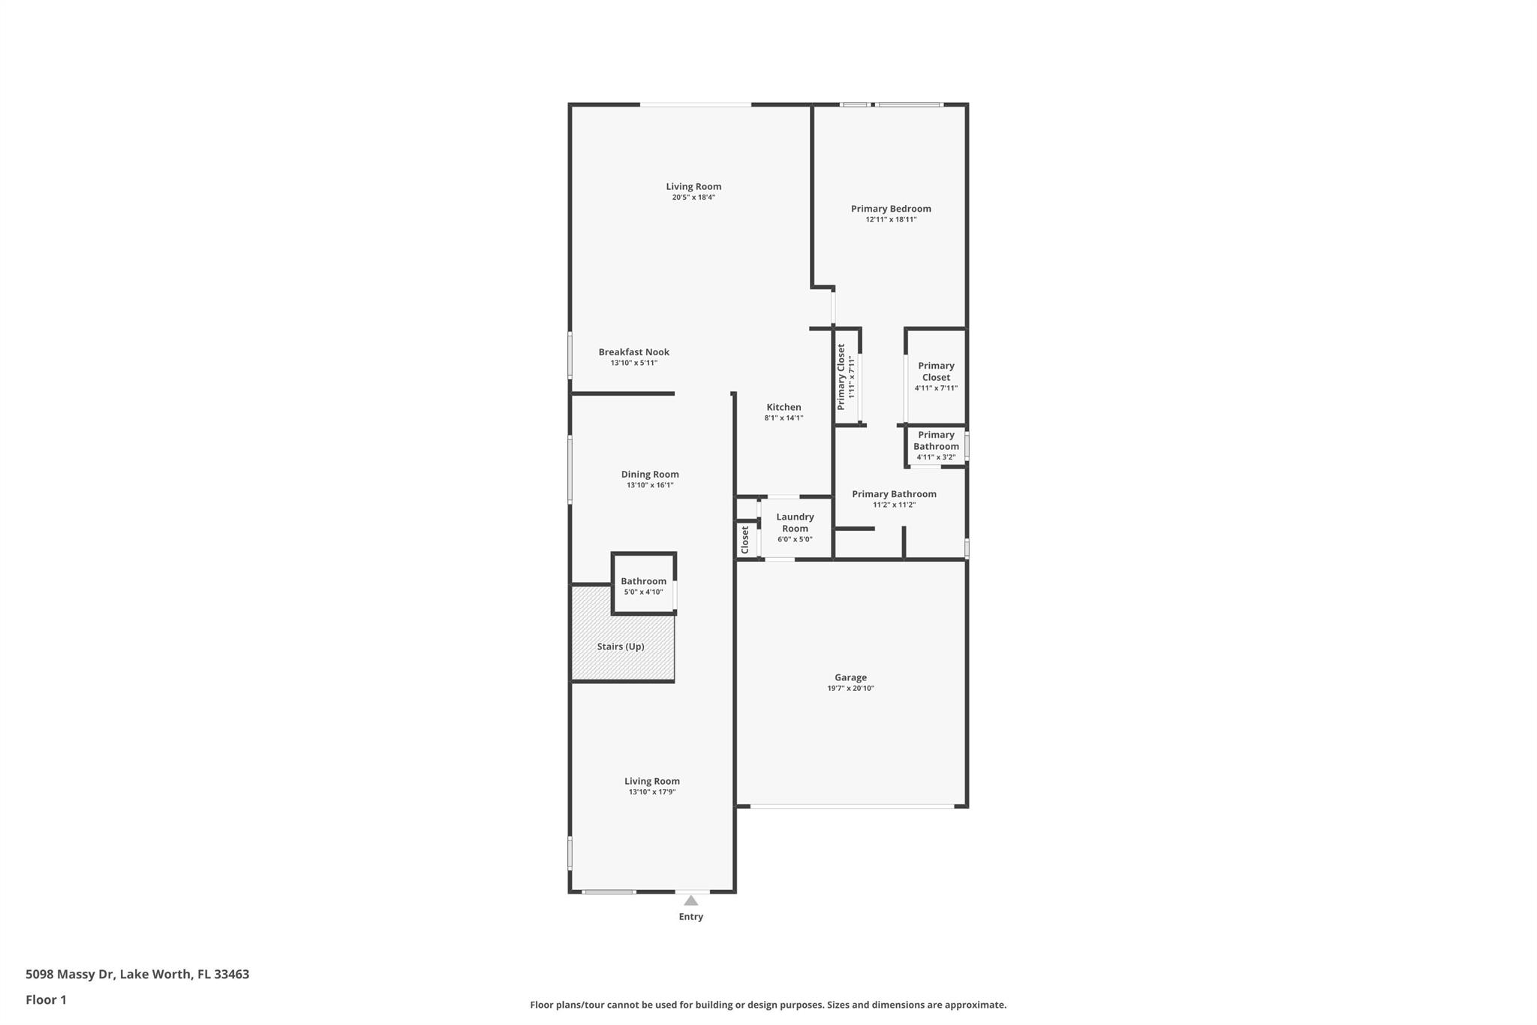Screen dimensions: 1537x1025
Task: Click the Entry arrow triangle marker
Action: (x=690, y=900)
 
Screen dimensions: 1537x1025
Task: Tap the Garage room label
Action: (x=850, y=677)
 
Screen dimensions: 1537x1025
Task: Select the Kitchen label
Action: (x=784, y=407)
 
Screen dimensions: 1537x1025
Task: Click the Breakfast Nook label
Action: (x=633, y=352)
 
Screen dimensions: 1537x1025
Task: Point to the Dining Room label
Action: (x=650, y=475)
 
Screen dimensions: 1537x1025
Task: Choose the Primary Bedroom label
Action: (x=891, y=209)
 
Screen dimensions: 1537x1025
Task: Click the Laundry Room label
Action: (x=795, y=523)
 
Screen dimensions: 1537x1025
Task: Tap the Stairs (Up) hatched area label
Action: (x=621, y=647)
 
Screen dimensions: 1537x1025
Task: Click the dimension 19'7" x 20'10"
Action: (x=850, y=689)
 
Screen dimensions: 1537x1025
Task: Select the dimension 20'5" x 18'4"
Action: (x=693, y=197)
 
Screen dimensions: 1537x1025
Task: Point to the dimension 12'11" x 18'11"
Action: (x=891, y=219)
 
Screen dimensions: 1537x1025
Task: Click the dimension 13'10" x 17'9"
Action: (x=652, y=792)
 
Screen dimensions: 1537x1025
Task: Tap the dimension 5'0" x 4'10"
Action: (x=643, y=592)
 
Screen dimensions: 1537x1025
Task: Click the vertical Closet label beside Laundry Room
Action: (x=745, y=540)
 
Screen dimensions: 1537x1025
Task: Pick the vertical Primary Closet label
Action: (x=841, y=377)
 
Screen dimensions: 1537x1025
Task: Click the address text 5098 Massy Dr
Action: (x=70, y=975)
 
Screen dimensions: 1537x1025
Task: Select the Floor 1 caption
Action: (x=46, y=1000)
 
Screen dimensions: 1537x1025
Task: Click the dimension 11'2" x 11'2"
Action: (x=894, y=505)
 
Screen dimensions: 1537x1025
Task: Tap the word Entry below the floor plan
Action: (x=691, y=917)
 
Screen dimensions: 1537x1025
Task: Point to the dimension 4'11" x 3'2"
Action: (x=936, y=457)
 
